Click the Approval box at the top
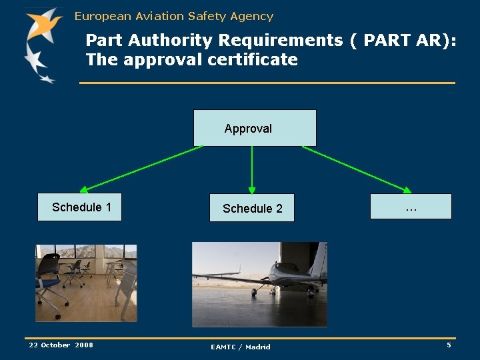coord(255,128)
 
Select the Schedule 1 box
coord(80,207)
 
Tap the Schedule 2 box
coord(252,208)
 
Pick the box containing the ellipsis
coord(411,207)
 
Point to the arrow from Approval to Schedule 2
coord(252,170)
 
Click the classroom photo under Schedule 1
coord(86,283)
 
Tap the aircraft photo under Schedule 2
coord(259,284)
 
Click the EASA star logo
coord(41,43)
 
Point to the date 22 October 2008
coord(61,345)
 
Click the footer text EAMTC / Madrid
coord(241,347)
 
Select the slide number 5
coord(449,345)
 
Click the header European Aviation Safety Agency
coord(173,16)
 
